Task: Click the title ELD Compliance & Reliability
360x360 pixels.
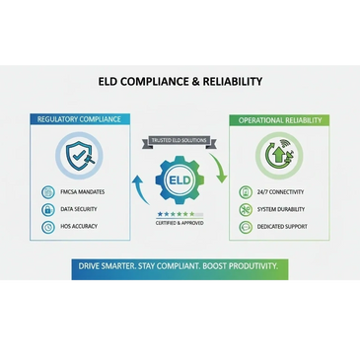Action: point(180,82)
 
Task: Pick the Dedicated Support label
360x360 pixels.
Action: point(283,227)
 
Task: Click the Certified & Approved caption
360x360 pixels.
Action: point(180,223)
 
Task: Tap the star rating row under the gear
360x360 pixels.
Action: point(179,213)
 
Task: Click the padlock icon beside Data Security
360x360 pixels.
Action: point(50,209)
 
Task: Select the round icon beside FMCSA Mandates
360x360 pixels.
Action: point(50,191)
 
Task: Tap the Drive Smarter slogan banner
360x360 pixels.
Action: point(180,266)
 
